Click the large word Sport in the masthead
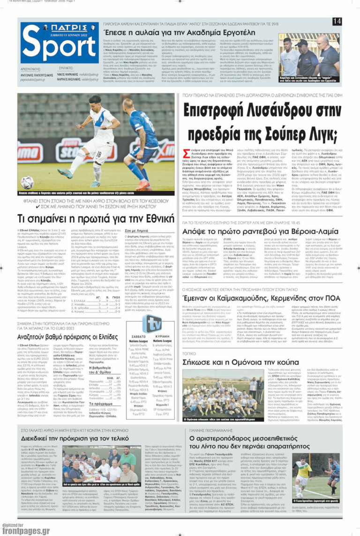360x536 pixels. pos(58,48)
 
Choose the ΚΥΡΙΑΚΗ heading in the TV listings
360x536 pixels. pos(166,336)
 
